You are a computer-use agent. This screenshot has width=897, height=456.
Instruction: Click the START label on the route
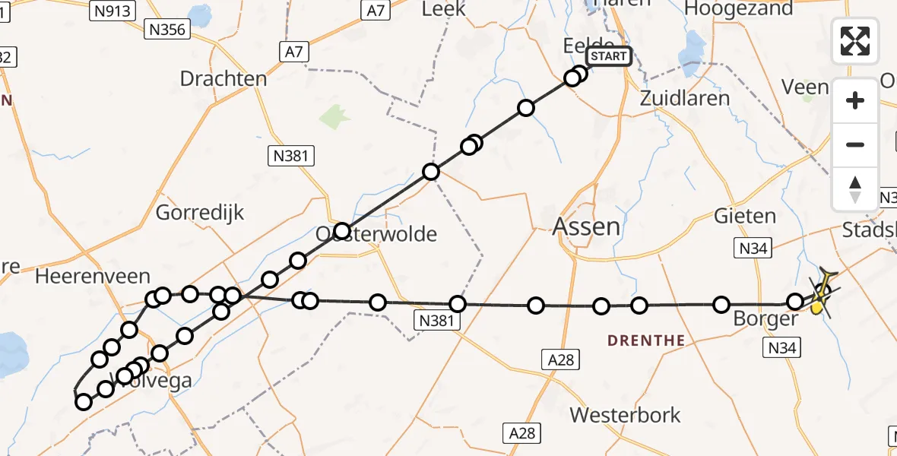608,56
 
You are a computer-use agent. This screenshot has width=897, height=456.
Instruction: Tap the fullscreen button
855,41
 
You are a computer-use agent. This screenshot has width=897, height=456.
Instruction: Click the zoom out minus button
855,144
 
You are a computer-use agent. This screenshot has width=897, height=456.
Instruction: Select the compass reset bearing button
855,188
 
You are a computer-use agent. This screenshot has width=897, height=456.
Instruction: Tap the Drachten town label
223,79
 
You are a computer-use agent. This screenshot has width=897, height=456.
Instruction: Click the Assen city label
586,226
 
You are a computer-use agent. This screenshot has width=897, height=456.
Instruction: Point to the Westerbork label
625,416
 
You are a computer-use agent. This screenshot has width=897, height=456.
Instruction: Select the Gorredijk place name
200,213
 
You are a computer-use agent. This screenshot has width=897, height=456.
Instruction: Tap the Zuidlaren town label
684,98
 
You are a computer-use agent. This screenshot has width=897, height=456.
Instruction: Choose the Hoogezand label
738,9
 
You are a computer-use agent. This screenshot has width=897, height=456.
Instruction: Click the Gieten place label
745,216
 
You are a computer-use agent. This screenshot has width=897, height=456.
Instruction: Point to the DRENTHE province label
646,340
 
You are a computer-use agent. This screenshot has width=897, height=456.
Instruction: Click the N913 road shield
111,11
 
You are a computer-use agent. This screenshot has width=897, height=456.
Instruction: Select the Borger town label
764,319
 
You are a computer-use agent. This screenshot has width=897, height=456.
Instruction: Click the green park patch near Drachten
335,118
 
